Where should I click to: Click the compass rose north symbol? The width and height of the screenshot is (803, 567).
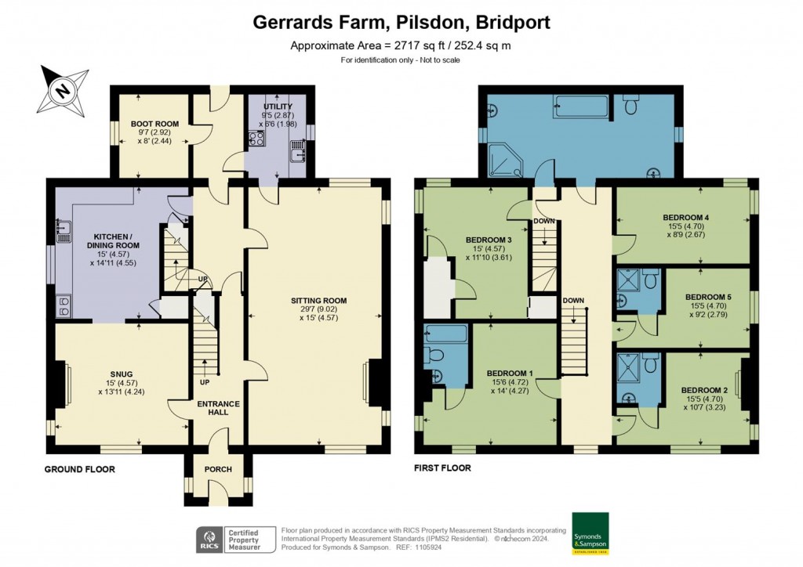tap(61, 89)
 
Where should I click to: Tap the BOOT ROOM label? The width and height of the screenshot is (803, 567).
tap(154, 124)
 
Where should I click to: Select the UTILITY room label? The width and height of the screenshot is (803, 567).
tap(278, 107)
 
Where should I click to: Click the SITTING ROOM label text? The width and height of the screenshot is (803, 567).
tap(318, 301)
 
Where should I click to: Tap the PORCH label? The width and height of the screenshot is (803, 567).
tap(219, 471)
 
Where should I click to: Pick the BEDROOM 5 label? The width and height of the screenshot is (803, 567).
tap(707, 297)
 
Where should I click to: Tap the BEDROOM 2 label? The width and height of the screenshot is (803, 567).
tap(703, 390)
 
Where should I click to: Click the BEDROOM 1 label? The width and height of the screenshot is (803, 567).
tap(511, 373)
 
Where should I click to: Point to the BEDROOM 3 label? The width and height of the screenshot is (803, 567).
tap(489, 240)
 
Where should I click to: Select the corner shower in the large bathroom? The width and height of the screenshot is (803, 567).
tap(500, 159)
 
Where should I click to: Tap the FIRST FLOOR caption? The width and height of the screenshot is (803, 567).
tap(443, 468)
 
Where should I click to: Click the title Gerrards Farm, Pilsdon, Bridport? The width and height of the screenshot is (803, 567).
tap(401, 22)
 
